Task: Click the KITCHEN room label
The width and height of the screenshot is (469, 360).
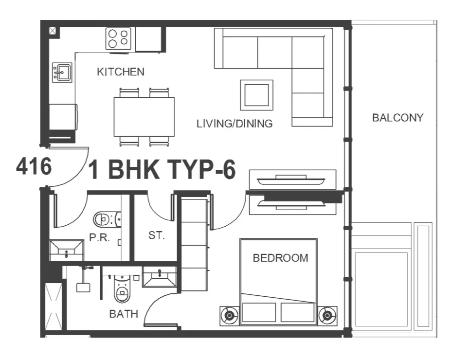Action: tap(121, 72)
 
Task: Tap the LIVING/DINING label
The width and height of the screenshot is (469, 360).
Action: tap(234, 124)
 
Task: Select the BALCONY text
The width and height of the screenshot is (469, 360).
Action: tap(398, 118)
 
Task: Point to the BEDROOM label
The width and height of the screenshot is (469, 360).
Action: tap(281, 258)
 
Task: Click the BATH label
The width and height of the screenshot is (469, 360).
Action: tap(124, 314)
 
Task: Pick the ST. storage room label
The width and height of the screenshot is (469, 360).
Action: tap(157, 235)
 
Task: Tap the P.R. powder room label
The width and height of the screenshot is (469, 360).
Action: tap(100, 237)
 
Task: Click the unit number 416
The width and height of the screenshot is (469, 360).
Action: tap(34, 166)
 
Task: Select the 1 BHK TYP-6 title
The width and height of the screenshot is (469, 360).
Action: tap(162, 169)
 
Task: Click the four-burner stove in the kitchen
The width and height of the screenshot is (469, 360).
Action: tap(118, 38)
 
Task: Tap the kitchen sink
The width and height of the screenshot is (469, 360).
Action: tap(62, 72)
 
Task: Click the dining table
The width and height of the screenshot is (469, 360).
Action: tap(144, 117)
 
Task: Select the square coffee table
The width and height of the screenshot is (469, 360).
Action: tap(256, 95)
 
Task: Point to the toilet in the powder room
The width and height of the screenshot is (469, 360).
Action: tap(107, 219)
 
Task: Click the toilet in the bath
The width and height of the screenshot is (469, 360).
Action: tap(122, 289)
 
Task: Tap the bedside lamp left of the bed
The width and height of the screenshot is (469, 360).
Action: tap(230, 315)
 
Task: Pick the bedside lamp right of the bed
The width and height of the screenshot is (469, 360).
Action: tap(327, 315)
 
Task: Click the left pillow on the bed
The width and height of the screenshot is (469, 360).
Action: tap(259, 312)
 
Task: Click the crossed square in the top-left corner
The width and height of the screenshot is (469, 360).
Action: tap(53, 31)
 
